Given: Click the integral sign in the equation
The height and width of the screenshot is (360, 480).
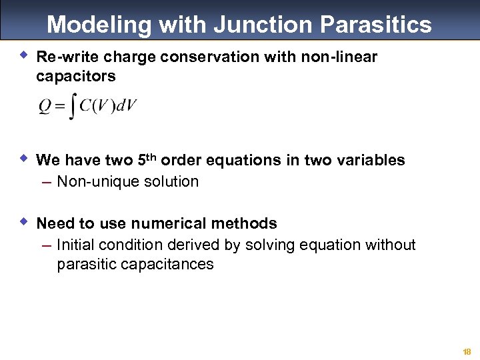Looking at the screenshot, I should point(72,107).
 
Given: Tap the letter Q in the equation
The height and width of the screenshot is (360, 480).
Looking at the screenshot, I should point(44,107).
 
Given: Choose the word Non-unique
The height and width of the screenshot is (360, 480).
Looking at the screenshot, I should point(95,181).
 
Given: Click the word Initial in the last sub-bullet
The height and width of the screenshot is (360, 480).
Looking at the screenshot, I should point(75,245).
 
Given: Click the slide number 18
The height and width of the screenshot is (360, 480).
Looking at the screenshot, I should point(467,351).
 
